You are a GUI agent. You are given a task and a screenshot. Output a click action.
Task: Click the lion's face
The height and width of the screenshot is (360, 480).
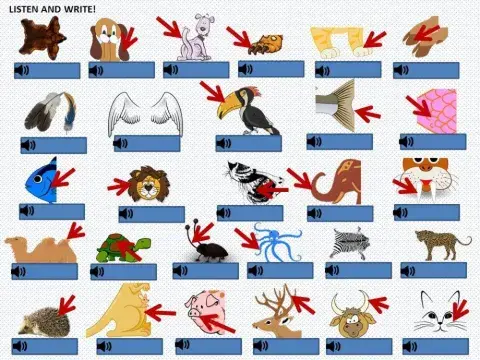[146, 184]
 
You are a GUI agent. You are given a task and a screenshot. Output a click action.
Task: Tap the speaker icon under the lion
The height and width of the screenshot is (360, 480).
[127, 213]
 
